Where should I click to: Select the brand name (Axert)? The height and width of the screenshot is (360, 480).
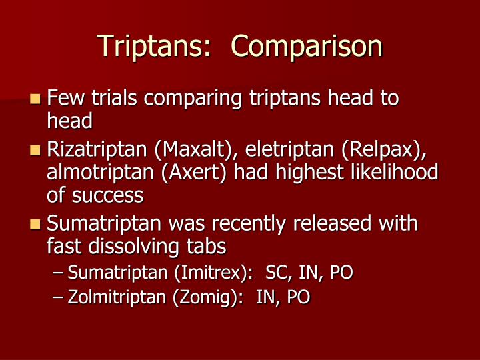tap(192, 172)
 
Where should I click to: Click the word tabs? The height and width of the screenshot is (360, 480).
tap(207, 247)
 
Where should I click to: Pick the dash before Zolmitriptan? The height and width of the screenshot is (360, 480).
tap(59, 297)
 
